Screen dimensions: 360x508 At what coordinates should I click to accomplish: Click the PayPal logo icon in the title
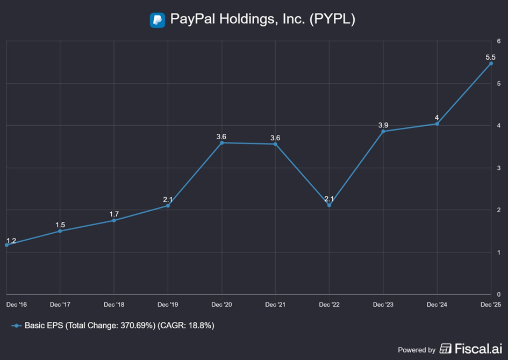pyautogui.click(x=157, y=20)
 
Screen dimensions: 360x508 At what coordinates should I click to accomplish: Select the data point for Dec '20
pyautogui.click(x=221, y=142)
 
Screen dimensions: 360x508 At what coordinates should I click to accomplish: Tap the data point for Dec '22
pyautogui.click(x=329, y=205)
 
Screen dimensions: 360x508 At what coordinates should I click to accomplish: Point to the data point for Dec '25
pyautogui.click(x=491, y=63)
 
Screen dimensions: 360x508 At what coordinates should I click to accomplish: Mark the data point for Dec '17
pyautogui.click(x=60, y=231)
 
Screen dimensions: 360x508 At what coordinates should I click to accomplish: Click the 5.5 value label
pyautogui.click(x=491, y=56)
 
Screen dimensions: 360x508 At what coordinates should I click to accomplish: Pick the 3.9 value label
pyautogui.click(x=383, y=125)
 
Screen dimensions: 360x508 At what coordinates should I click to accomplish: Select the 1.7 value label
pyautogui.click(x=114, y=214)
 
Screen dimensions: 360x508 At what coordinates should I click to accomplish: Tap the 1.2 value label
pyautogui.click(x=11, y=241)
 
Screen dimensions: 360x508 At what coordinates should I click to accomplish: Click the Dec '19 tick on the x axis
pyautogui.click(x=168, y=305)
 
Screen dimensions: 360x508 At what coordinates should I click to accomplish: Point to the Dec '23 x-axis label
pyautogui.click(x=383, y=305)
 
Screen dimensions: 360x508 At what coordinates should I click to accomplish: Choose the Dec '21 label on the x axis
pyautogui.click(x=275, y=305)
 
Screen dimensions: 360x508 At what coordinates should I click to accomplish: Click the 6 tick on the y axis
pyautogui.click(x=499, y=41)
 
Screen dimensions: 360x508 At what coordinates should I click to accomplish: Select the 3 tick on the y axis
pyautogui.click(x=499, y=168)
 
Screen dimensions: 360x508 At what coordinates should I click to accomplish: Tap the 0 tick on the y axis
pyautogui.click(x=499, y=294)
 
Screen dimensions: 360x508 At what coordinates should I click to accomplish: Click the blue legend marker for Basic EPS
pyautogui.click(x=17, y=326)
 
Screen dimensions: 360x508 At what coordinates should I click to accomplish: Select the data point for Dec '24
pyautogui.click(x=437, y=124)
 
